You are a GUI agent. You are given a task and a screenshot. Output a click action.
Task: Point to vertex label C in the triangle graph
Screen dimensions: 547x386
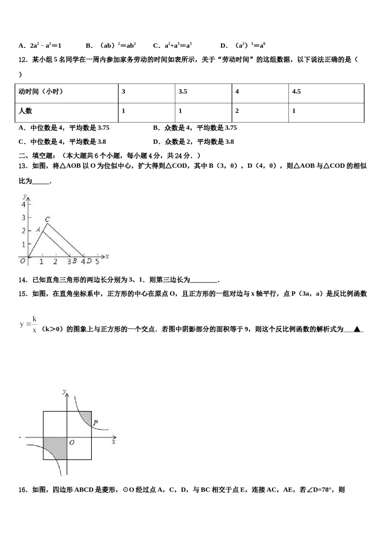tap(48, 219)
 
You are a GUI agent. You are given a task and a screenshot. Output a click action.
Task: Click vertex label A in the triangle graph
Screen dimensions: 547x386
tap(38, 230)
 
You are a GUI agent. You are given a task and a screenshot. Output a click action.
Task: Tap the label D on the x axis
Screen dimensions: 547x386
tap(89, 261)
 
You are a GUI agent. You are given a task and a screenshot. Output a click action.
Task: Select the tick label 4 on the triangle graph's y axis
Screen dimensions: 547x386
tap(24, 205)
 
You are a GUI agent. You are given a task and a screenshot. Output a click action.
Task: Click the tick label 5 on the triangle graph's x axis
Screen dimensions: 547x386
tap(97, 261)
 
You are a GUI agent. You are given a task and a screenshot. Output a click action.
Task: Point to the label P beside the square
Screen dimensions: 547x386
tap(95, 423)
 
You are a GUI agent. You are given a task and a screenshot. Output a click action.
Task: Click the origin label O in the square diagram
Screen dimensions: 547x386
tap(72, 442)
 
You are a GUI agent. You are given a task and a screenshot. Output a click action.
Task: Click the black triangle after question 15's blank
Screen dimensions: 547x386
tap(357, 329)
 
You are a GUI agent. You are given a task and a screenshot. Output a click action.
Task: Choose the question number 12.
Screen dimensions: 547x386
tap(23, 60)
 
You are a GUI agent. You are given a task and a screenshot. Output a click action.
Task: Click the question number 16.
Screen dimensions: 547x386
tap(23, 490)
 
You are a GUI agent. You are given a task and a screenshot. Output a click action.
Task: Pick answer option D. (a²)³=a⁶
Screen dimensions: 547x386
tap(243, 46)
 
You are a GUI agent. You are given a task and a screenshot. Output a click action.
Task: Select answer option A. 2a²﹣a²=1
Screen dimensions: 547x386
tap(40, 46)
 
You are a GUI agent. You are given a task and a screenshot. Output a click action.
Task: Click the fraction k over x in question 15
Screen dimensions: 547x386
tap(35, 324)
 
